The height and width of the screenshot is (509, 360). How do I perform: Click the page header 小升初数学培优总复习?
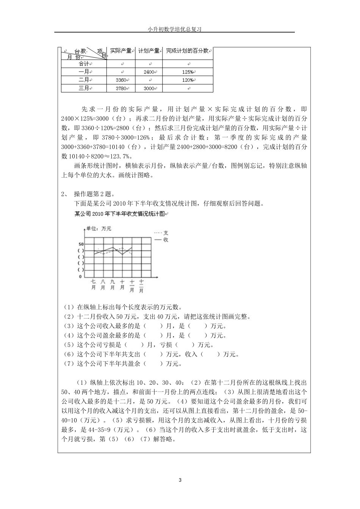174,29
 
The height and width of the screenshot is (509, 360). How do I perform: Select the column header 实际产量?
121,51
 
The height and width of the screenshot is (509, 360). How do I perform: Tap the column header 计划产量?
149,51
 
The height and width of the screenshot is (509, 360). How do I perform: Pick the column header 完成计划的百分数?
187,51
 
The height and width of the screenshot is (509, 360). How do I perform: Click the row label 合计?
84,64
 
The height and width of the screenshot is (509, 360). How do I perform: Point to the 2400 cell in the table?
149,72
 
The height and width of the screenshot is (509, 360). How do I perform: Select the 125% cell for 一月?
187,72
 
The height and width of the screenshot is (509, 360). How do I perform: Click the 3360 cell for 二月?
121,80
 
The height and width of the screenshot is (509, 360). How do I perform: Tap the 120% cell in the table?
187,80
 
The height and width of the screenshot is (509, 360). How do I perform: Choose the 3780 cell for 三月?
121,88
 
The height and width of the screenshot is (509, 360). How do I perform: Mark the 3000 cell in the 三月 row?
149,88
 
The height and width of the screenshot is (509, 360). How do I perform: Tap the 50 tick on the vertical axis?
81,245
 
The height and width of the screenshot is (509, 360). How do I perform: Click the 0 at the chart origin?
80,276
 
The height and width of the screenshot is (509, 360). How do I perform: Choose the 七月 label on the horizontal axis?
93,284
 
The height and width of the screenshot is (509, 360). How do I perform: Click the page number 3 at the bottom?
180,481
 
